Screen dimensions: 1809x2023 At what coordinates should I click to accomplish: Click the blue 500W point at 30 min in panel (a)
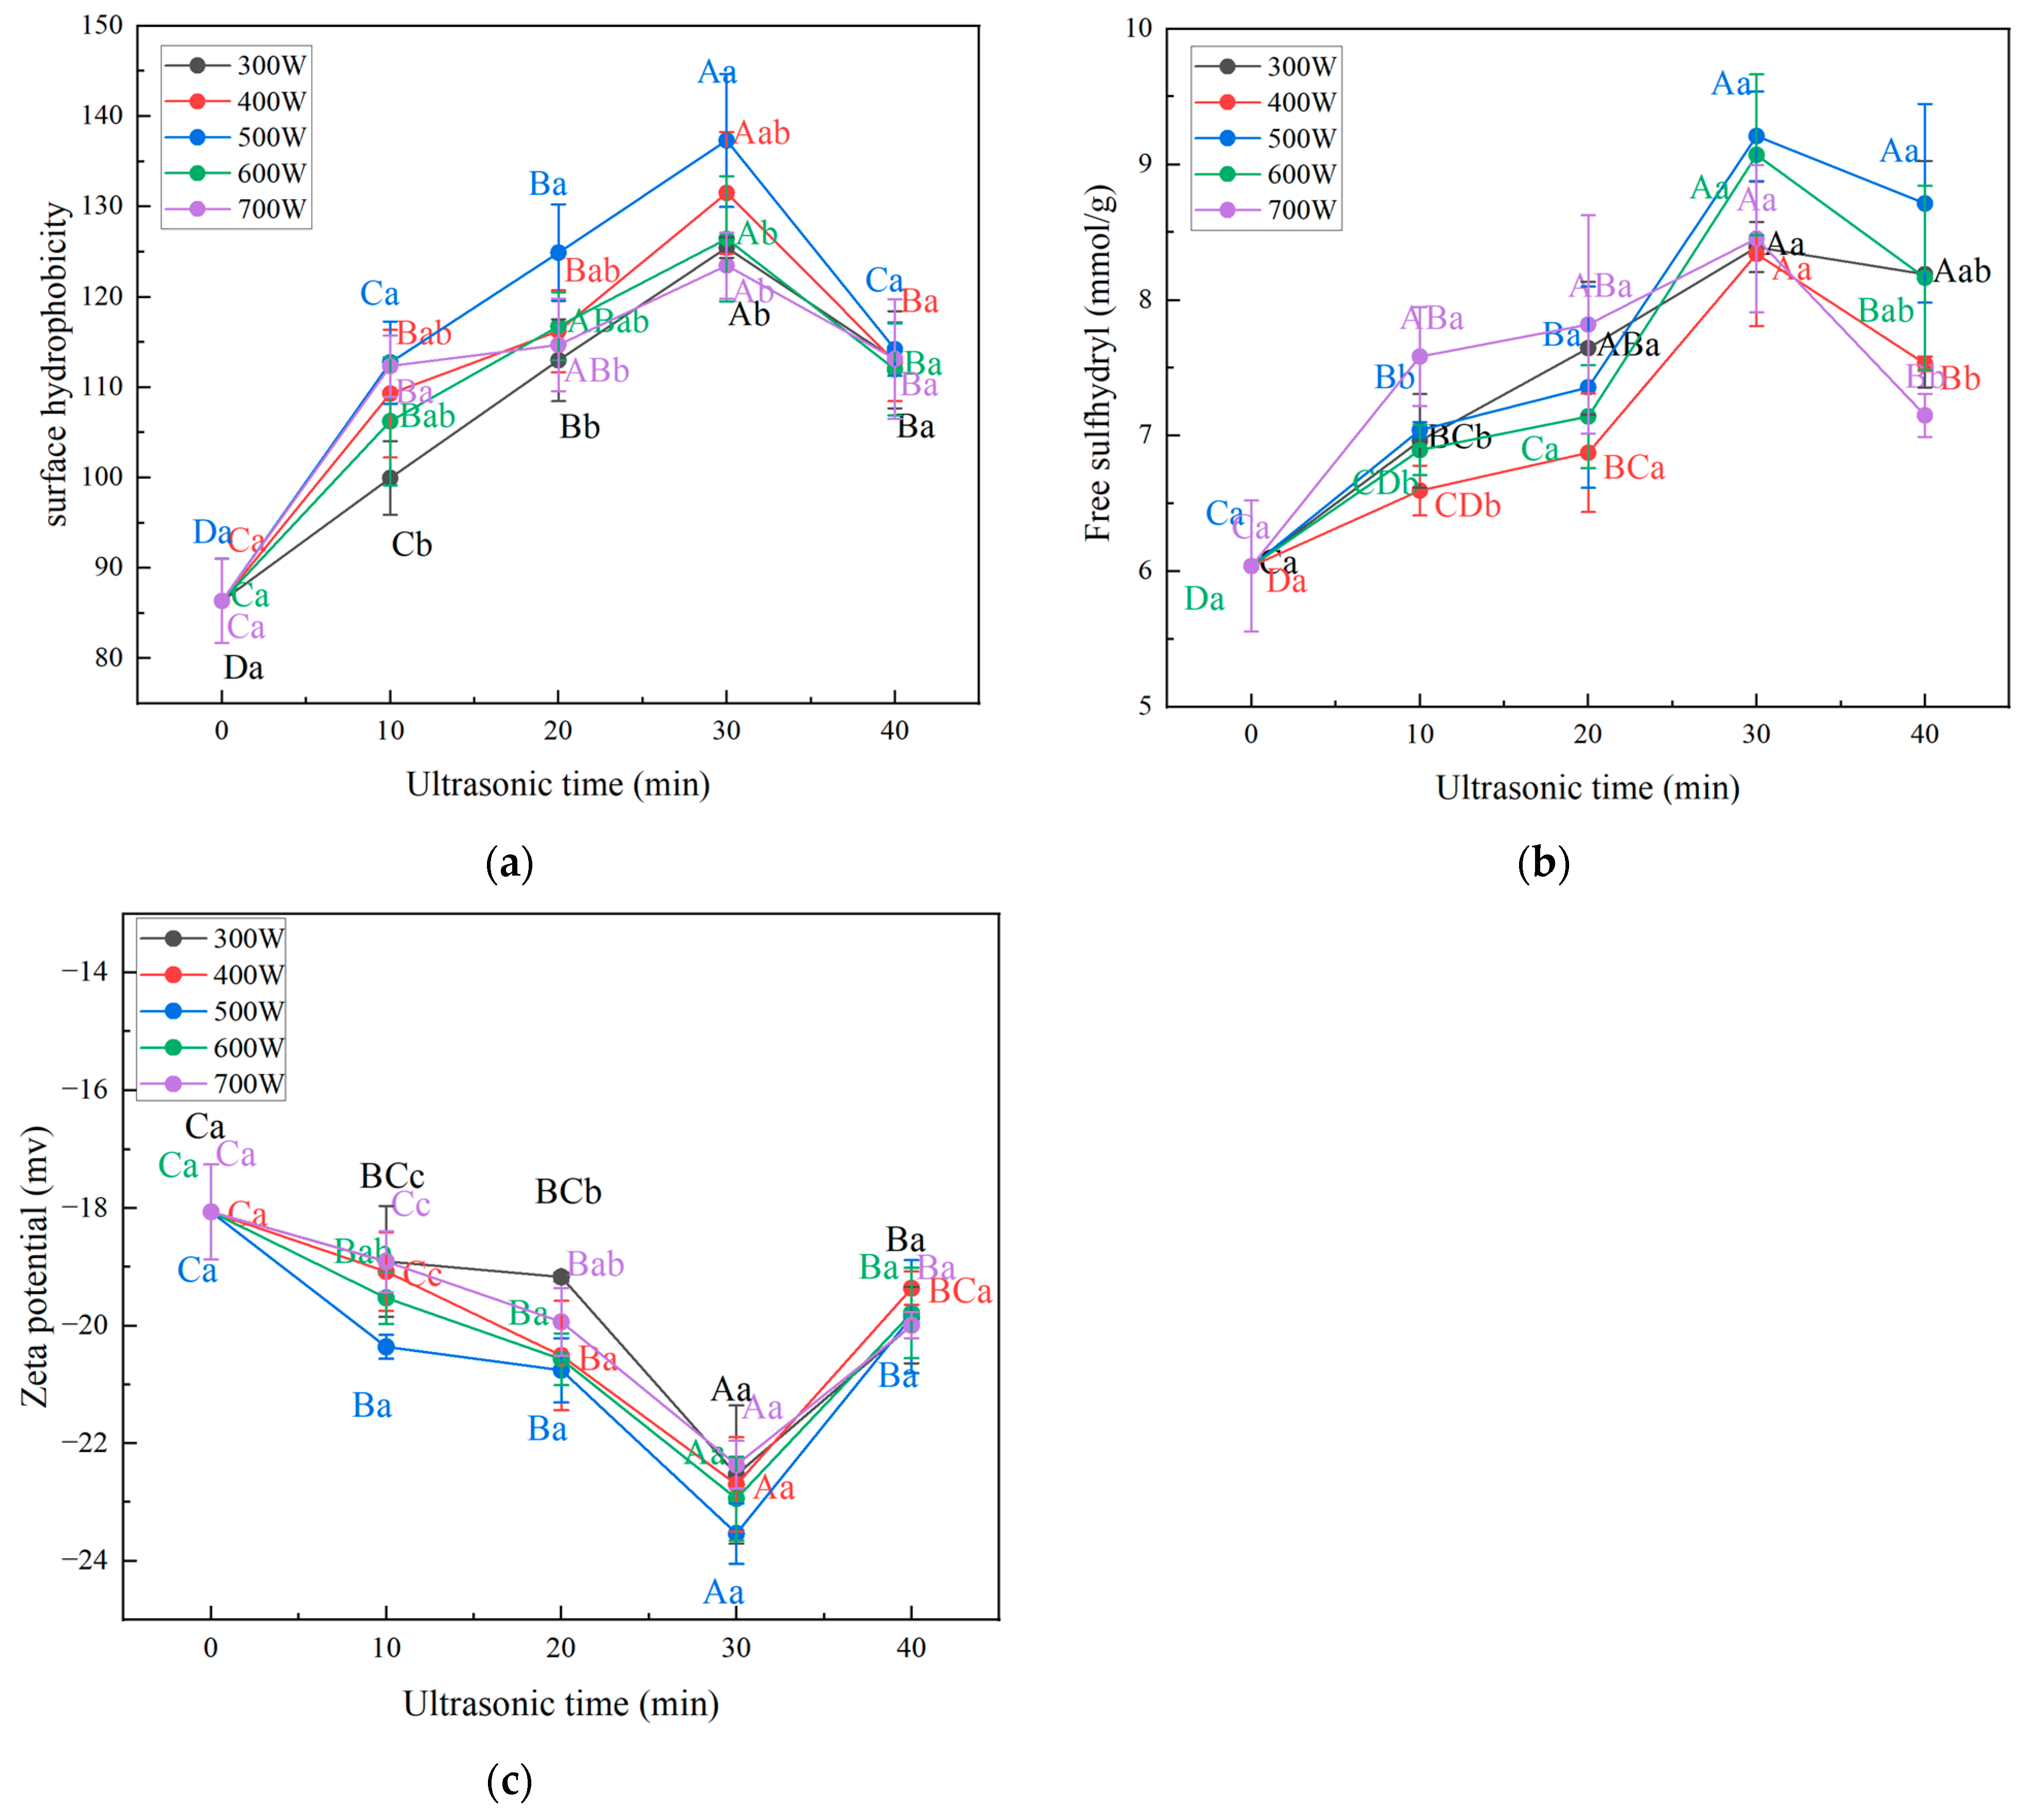click(727, 141)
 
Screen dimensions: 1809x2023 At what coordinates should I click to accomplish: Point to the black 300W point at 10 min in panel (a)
click(389, 478)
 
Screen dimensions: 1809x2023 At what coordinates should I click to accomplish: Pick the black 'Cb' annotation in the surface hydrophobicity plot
click(412, 545)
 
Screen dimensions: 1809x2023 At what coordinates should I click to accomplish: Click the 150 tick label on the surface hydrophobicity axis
click(103, 25)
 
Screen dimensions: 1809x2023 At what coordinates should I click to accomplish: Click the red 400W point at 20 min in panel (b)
click(1588, 453)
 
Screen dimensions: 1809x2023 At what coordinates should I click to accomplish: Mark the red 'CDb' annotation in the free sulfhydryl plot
click(1467, 506)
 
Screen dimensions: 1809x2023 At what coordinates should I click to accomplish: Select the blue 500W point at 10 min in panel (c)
click(386, 1347)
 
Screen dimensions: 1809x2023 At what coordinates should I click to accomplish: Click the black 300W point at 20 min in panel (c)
click(561, 1276)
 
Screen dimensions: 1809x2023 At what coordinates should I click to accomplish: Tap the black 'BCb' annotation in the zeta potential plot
click(567, 1192)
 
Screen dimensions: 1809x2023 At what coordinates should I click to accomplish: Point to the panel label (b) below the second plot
click(1543, 863)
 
